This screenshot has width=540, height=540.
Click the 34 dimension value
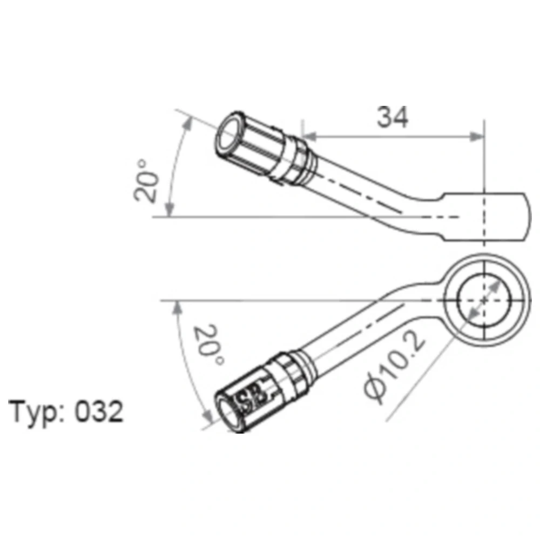[393, 117]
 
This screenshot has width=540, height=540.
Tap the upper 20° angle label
[146, 180]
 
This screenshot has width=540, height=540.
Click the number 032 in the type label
[99, 411]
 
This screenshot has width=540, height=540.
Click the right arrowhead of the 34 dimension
[477, 137]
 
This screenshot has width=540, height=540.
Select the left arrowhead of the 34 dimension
[309, 137]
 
